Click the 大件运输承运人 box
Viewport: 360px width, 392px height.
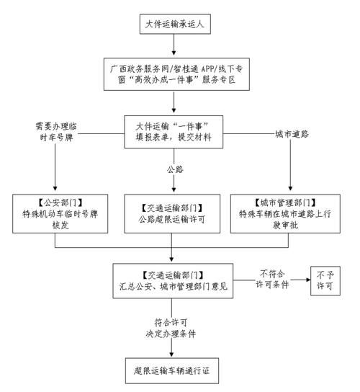(174, 24)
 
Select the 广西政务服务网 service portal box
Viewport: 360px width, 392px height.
(174, 74)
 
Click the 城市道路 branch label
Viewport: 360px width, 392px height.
(290, 133)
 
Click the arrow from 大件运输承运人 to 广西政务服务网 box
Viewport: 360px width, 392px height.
(174, 48)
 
